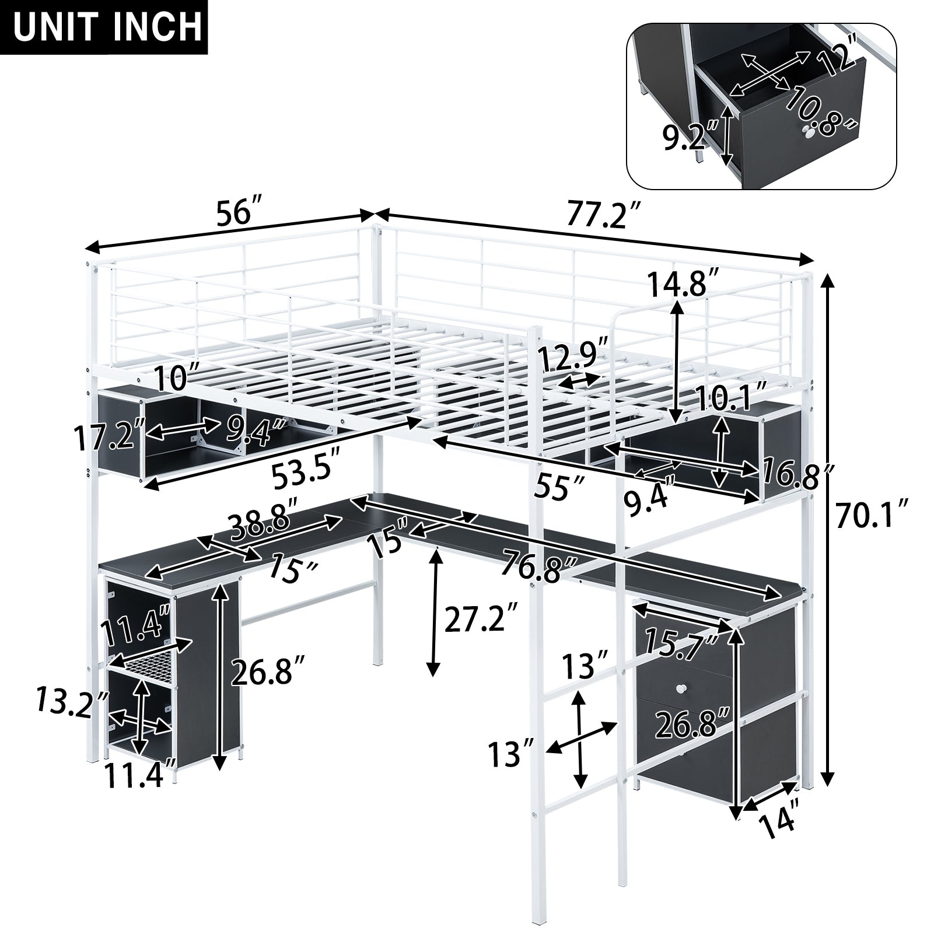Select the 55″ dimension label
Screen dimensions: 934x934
pyautogui.click(x=561, y=487)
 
